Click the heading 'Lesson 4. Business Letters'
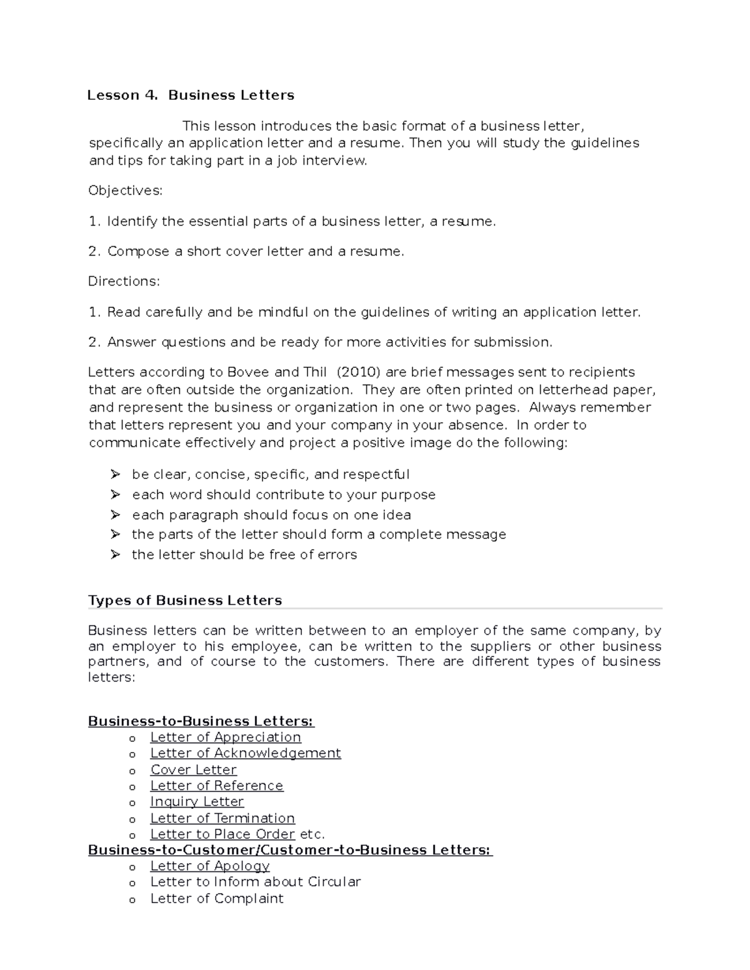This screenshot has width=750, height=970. (191, 96)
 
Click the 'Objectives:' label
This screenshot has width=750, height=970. (125, 191)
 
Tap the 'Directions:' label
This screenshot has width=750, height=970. (124, 282)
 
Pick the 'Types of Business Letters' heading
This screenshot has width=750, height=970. (185, 601)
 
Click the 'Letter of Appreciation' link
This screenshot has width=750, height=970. (226, 738)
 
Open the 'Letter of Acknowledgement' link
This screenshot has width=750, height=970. (246, 753)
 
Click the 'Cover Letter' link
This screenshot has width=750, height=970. (194, 770)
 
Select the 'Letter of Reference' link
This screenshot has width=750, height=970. (217, 786)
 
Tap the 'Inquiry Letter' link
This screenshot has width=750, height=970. (197, 802)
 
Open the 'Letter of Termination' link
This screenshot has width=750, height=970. (222, 818)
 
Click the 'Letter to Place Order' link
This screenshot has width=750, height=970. (222, 834)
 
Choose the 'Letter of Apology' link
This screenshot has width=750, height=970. (210, 866)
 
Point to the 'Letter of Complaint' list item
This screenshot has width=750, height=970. (217, 899)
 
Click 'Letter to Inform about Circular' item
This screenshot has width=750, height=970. (256, 882)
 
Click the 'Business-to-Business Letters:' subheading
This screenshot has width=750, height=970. (201, 721)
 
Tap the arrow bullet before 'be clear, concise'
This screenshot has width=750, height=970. (115, 475)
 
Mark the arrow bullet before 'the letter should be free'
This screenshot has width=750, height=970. (115, 555)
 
